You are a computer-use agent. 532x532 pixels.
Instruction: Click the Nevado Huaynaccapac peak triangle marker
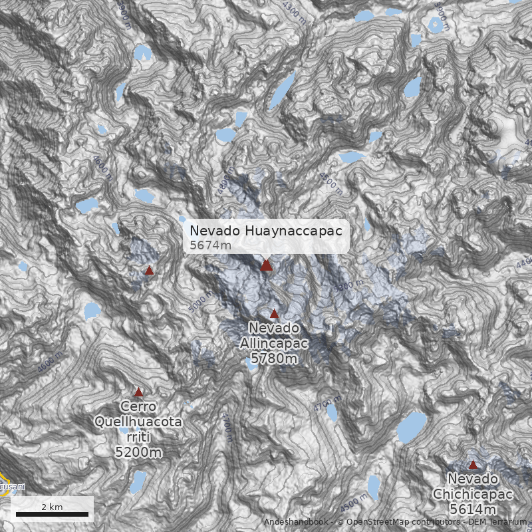click(266, 265)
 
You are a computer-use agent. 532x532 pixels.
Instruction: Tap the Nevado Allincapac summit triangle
click(274, 313)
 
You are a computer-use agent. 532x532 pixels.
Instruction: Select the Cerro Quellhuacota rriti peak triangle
click(138, 392)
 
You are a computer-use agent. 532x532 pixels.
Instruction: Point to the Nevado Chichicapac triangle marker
click(473, 464)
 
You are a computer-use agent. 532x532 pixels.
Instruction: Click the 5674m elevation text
click(211, 245)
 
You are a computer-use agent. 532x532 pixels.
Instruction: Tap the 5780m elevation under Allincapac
click(273, 359)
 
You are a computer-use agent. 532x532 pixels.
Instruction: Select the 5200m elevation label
click(138, 453)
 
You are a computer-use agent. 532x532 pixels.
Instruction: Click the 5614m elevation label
click(473, 509)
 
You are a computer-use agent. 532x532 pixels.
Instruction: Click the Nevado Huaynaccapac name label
click(266, 231)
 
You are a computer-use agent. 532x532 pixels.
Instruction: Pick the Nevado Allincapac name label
click(274, 336)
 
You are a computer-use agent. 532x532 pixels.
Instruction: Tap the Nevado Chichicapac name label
click(473, 487)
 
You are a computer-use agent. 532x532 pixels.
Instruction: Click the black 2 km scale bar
click(52, 514)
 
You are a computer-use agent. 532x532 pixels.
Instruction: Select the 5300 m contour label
click(350, 288)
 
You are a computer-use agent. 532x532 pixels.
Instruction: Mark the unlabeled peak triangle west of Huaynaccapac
click(150, 271)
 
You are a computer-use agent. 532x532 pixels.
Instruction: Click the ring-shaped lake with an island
click(436, 25)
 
